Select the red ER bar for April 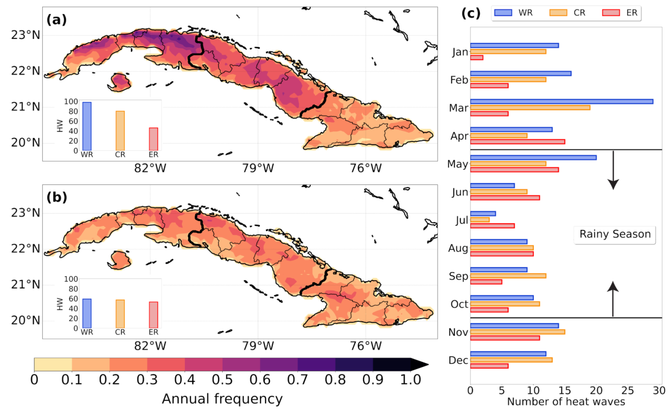[x=517, y=141]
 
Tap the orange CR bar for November [x=517, y=332]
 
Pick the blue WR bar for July [x=483, y=213]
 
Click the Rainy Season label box [x=615, y=234]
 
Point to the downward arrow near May [x=613, y=170]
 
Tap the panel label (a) [x=57, y=20]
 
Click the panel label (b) [x=57, y=197]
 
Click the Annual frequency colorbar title [x=222, y=399]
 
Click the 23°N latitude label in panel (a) [x=25, y=35]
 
